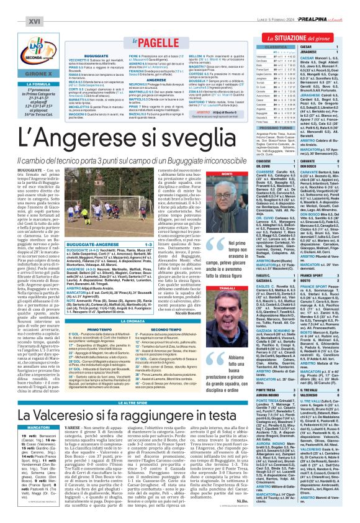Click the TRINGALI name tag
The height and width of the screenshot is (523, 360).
(x=209, y=271)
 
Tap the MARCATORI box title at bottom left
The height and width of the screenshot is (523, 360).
(x=22, y=427)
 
